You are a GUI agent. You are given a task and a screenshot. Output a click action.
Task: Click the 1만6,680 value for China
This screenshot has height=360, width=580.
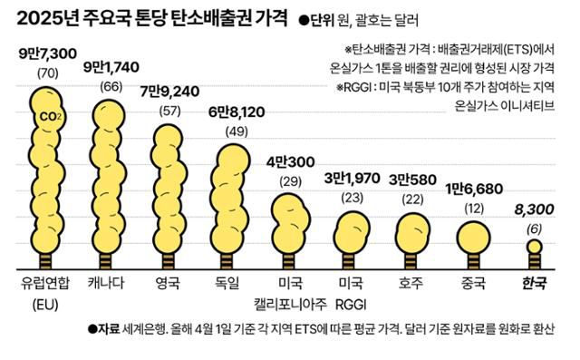[471, 189]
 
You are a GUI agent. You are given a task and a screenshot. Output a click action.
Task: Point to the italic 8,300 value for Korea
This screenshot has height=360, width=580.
[536, 209]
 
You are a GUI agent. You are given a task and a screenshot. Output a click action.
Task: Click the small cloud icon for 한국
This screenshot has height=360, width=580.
[536, 248]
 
